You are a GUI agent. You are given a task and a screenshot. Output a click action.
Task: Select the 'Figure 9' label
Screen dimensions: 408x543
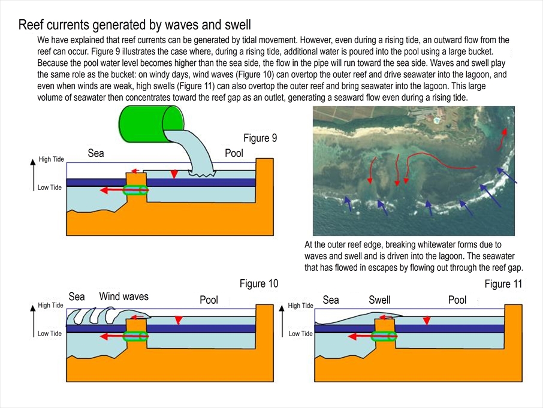pyautogui.click(x=260, y=138)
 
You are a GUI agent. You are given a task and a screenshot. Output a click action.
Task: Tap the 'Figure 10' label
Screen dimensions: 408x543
pyautogui.click(x=259, y=283)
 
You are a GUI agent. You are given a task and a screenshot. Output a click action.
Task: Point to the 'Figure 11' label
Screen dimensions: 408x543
pyautogui.click(x=504, y=284)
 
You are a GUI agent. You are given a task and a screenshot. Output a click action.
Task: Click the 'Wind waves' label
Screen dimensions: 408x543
pyautogui.click(x=123, y=296)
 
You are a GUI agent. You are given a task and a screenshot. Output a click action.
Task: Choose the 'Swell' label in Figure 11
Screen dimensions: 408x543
pyautogui.click(x=379, y=300)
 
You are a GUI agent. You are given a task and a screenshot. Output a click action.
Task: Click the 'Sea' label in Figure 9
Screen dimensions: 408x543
pyautogui.click(x=96, y=153)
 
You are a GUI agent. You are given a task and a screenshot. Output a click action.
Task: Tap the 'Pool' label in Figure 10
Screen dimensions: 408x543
pyautogui.click(x=209, y=300)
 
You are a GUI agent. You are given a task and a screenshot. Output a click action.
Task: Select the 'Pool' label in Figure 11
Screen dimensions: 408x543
pyautogui.click(x=457, y=300)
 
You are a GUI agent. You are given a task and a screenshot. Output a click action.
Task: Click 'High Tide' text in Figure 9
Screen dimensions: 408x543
pyautogui.click(x=51, y=159)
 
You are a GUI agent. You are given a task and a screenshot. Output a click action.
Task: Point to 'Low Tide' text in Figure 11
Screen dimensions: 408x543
pyautogui.click(x=301, y=334)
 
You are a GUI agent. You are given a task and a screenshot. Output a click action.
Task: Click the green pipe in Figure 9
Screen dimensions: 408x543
pyautogui.click(x=135, y=191)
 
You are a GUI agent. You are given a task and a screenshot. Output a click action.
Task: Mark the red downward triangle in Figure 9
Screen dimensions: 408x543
pyautogui.click(x=174, y=174)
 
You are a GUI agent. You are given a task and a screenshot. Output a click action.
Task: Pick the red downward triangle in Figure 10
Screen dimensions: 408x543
pyautogui.click(x=178, y=321)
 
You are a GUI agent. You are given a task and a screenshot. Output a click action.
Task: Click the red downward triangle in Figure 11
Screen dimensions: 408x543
pyautogui.click(x=426, y=321)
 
